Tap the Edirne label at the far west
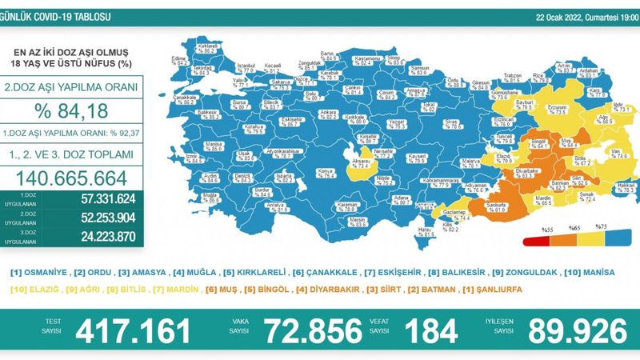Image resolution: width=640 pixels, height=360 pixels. coord(177,59)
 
